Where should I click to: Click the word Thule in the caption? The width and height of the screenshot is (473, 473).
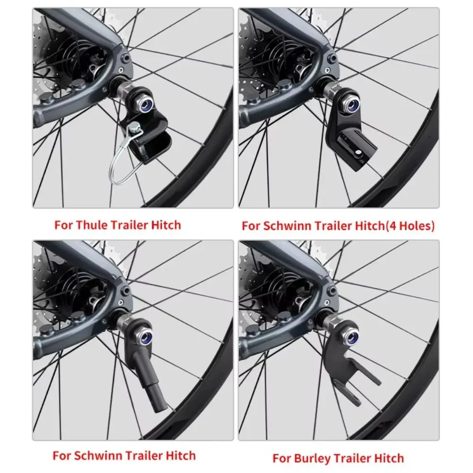[92, 225]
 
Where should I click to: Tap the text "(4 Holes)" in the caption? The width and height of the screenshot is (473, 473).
[410, 226]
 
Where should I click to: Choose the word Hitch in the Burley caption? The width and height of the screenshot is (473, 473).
[388, 458]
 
